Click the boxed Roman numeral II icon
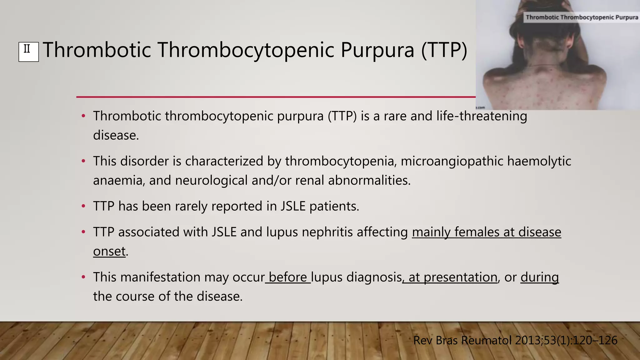pyautogui.click(x=28, y=52)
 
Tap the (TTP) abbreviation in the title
pyautogui.click(x=444, y=50)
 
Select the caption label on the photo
pyautogui.click(x=582, y=17)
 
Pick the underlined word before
pyautogui.click(x=288, y=277)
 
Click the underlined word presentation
pyautogui.click(x=460, y=277)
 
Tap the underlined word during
pyautogui.click(x=540, y=277)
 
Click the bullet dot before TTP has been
pyautogui.click(x=83, y=206)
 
